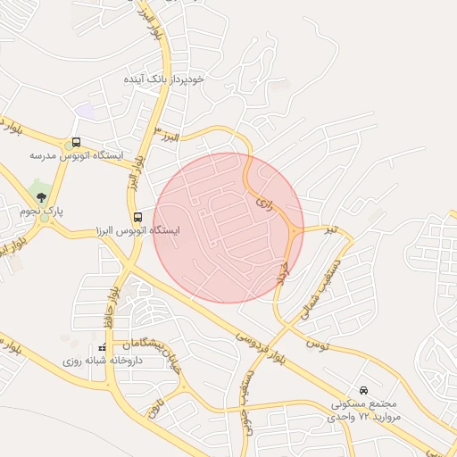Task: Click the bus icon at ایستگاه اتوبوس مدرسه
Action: click(76, 142)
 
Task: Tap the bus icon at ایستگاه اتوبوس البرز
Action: click(137, 217)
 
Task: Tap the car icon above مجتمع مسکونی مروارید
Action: click(363, 391)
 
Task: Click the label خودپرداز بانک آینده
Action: click(165, 79)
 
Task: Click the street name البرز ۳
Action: click(167, 136)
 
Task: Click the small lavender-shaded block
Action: click(86, 111)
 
